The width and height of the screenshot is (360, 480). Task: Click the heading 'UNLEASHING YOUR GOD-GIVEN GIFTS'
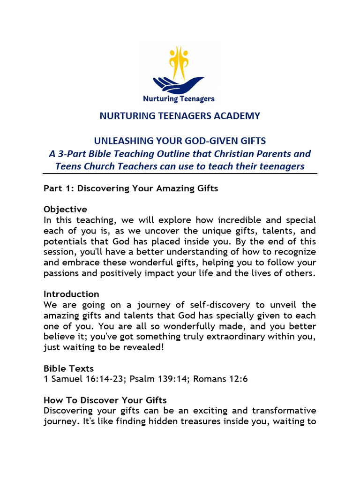click(180, 141)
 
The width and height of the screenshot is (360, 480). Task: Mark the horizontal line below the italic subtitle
click(180, 173)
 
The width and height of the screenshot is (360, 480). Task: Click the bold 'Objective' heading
click(65, 209)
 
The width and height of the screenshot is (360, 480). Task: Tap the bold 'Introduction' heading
click(71, 294)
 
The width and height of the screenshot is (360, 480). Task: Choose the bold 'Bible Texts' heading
click(69, 369)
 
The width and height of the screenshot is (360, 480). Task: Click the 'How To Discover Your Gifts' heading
click(105, 400)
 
